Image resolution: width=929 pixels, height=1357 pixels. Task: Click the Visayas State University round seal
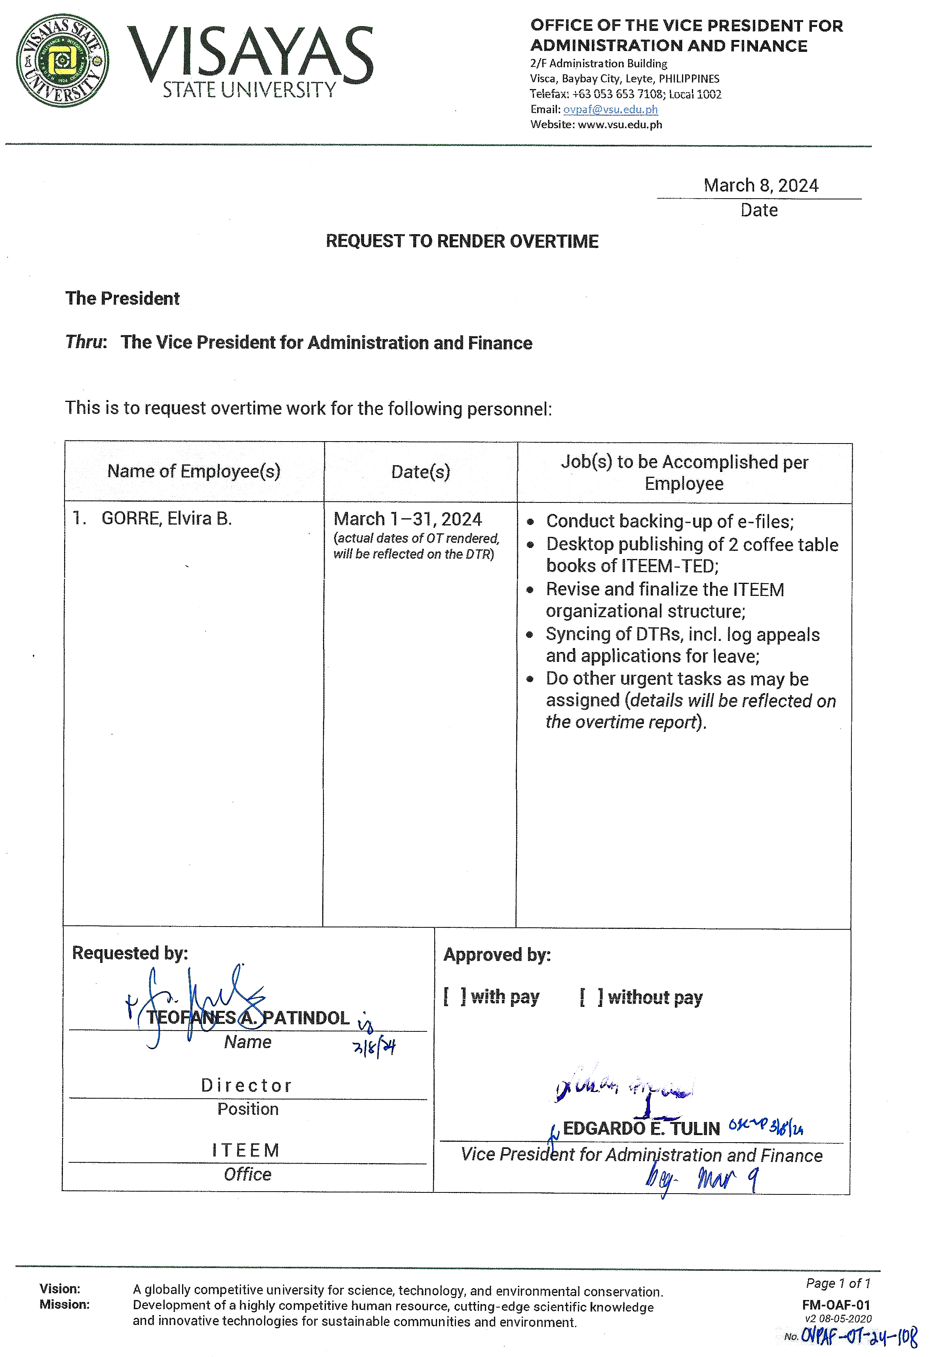point(63,61)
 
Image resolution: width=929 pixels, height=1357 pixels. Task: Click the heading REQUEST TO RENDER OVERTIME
point(462,241)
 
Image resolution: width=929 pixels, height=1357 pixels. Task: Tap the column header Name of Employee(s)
point(194,471)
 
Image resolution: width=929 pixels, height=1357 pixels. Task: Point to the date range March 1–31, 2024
point(407,519)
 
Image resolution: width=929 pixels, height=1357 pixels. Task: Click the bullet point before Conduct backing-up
point(530,522)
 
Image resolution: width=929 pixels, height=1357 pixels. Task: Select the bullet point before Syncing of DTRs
point(530,635)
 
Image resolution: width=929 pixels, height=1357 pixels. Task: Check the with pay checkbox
point(454,997)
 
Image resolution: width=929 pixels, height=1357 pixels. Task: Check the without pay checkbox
point(591,997)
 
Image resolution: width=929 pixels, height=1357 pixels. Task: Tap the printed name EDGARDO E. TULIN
point(641,1128)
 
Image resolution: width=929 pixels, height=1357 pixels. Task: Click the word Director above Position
point(247,1086)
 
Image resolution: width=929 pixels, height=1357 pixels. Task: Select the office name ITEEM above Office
point(246,1150)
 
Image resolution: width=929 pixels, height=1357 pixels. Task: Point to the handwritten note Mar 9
point(728,1180)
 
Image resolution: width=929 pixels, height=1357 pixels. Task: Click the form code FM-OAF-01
point(836,1306)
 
